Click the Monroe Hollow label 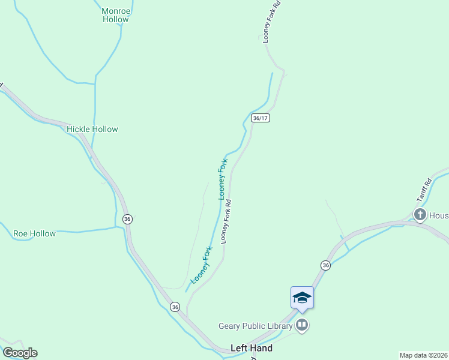coord(115,15)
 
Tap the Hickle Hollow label coord(92,129)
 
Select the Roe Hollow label coord(35,233)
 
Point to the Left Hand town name coord(252,348)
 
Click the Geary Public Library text coord(256,326)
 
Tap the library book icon coord(302,326)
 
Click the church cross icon coord(420,214)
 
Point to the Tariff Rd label coord(424,191)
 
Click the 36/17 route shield coord(261,118)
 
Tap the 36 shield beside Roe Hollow coord(127,220)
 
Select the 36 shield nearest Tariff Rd coord(325,265)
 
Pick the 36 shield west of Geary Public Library coord(175,307)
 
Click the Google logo coord(20,353)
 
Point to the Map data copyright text coord(424,355)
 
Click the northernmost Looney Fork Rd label coord(271,22)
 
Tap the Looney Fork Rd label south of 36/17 coord(226,221)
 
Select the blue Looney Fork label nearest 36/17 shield coord(223,178)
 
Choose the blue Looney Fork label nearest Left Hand coord(201,265)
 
